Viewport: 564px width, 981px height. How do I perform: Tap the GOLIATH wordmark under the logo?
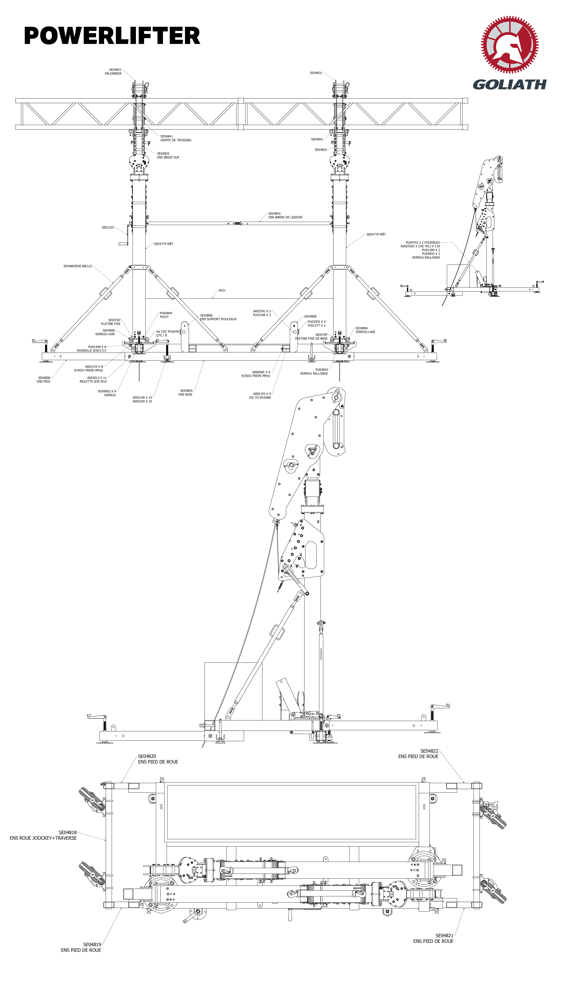pyautogui.click(x=509, y=84)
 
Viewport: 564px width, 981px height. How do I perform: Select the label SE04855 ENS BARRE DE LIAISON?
pyautogui.click(x=285, y=215)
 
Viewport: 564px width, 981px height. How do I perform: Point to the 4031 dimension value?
pyautogui.click(x=222, y=290)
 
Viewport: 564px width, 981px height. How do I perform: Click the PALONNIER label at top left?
pyautogui.click(x=113, y=74)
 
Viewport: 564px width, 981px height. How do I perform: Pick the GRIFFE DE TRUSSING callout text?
pyautogui.click(x=176, y=140)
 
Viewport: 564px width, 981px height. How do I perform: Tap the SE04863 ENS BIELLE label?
pyautogui.click(x=77, y=266)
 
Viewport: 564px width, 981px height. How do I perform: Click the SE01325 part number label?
pyautogui.click(x=108, y=227)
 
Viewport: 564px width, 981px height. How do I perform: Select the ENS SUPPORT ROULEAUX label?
pyautogui.click(x=218, y=319)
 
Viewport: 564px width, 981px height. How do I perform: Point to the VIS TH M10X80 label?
pyautogui.click(x=260, y=397)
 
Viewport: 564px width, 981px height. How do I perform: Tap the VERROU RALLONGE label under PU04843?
pyautogui.click(x=314, y=373)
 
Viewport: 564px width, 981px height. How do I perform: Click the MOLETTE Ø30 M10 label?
pyautogui.click(x=93, y=381)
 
